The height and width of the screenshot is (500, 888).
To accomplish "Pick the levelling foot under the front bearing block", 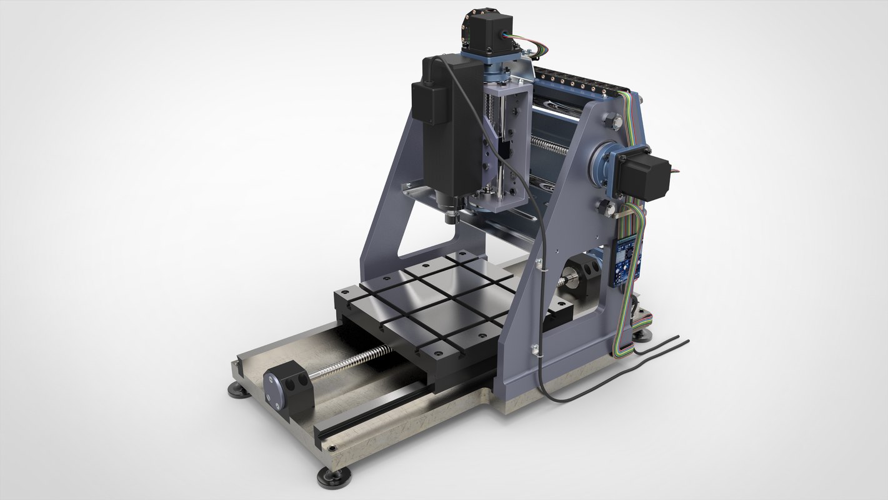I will point(333,477).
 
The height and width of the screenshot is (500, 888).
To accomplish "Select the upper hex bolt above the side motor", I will point(616,122).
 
